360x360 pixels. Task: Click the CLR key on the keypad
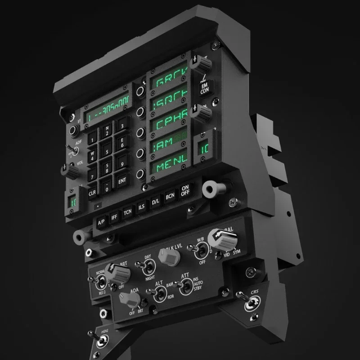click(x=92, y=193)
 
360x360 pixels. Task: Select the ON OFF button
click(x=184, y=191)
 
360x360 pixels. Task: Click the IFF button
click(x=114, y=216)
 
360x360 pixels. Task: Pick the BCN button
click(x=170, y=196)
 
